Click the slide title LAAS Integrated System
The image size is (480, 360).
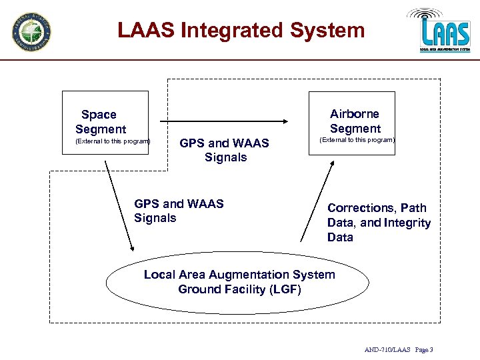click(x=241, y=31)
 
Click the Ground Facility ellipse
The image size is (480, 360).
click(x=239, y=281)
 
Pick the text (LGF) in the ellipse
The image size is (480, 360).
click(x=285, y=289)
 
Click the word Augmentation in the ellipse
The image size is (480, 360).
click(x=251, y=275)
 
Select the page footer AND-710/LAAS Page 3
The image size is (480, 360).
click(x=399, y=350)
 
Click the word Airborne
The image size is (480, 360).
click(x=355, y=114)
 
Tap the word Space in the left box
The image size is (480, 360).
click(x=99, y=115)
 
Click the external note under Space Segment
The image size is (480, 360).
click(x=113, y=141)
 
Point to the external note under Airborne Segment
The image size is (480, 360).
click(x=357, y=141)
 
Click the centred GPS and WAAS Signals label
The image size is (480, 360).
click(x=225, y=150)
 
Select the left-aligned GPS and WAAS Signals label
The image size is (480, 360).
click(x=179, y=211)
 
